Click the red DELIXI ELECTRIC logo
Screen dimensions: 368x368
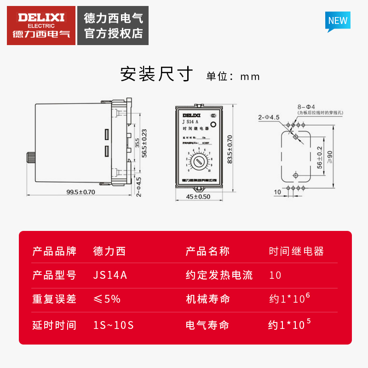coord(41,25)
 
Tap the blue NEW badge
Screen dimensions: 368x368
coord(338,21)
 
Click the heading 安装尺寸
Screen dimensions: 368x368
coord(157,74)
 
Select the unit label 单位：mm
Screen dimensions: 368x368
coord(233,76)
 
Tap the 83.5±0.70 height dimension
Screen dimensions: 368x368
coord(230,149)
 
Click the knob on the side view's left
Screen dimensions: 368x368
coord(31,159)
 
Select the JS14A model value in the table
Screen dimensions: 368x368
coord(110,276)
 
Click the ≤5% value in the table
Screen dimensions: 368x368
coord(107,299)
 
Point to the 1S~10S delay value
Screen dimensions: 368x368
coord(113,325)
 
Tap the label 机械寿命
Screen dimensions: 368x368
coord(207,299)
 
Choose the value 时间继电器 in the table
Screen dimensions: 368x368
coord(296,251)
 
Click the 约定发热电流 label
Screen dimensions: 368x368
coord(219,276)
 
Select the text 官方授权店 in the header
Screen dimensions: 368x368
coord(114,34)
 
